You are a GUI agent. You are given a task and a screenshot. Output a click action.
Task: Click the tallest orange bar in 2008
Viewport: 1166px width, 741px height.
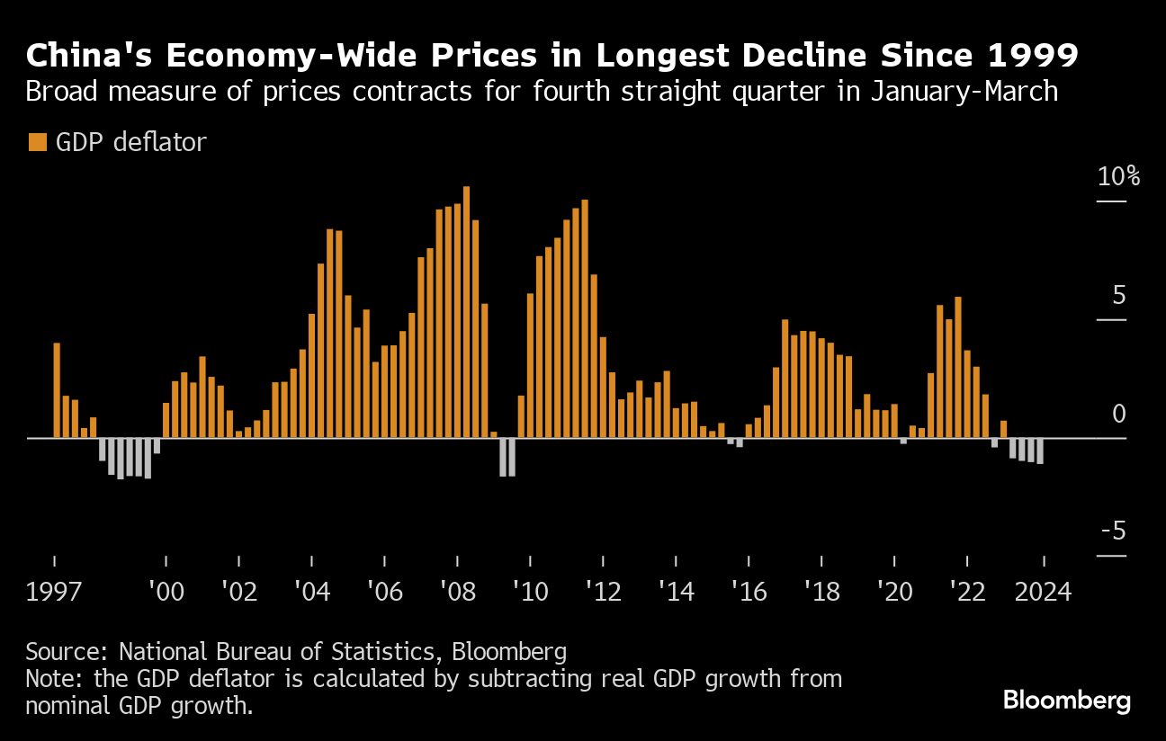click(466, 312)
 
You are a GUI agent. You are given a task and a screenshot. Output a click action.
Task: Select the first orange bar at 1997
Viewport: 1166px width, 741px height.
click(57, 390)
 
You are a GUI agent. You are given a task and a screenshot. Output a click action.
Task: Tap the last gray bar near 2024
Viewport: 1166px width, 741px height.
click(1040, 451)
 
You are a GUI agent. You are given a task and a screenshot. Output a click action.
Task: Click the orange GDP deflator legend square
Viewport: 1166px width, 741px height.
click(37, 142)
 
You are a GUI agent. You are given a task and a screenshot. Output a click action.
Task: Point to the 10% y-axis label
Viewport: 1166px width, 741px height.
click(1118, 176)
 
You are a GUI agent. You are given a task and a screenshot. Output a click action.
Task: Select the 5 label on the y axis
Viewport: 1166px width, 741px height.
click(1118, 295)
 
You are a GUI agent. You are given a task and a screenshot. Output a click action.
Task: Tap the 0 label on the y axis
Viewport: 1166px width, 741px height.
click(1118, 414)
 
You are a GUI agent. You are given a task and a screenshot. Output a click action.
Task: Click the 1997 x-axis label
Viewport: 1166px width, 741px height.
click(55, 593)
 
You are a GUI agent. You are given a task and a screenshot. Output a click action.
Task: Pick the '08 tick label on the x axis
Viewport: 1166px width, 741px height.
click(457, 593)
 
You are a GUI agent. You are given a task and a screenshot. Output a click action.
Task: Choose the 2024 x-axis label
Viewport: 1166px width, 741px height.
click(1042, 593)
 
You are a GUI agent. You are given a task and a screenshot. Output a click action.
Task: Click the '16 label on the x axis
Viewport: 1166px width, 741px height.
click(749, 593)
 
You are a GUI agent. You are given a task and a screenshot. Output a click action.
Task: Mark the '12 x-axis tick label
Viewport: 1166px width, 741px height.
click(603, 593)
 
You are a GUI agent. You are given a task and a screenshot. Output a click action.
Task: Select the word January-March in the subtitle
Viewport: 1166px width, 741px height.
click(965, 91)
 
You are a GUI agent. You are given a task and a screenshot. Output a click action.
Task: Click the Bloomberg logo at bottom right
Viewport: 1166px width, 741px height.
click(1066, 701)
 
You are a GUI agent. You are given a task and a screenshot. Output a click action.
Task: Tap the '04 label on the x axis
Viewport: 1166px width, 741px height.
click(310, 593)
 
